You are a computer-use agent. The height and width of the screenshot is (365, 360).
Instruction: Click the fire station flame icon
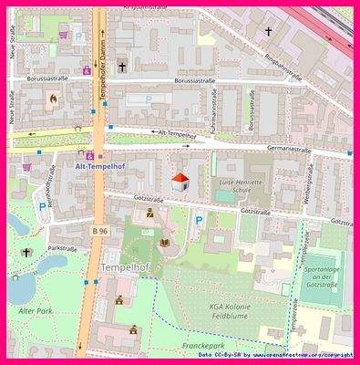(53, 99)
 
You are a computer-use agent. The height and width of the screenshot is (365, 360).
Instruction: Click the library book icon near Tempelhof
(165, 243)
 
